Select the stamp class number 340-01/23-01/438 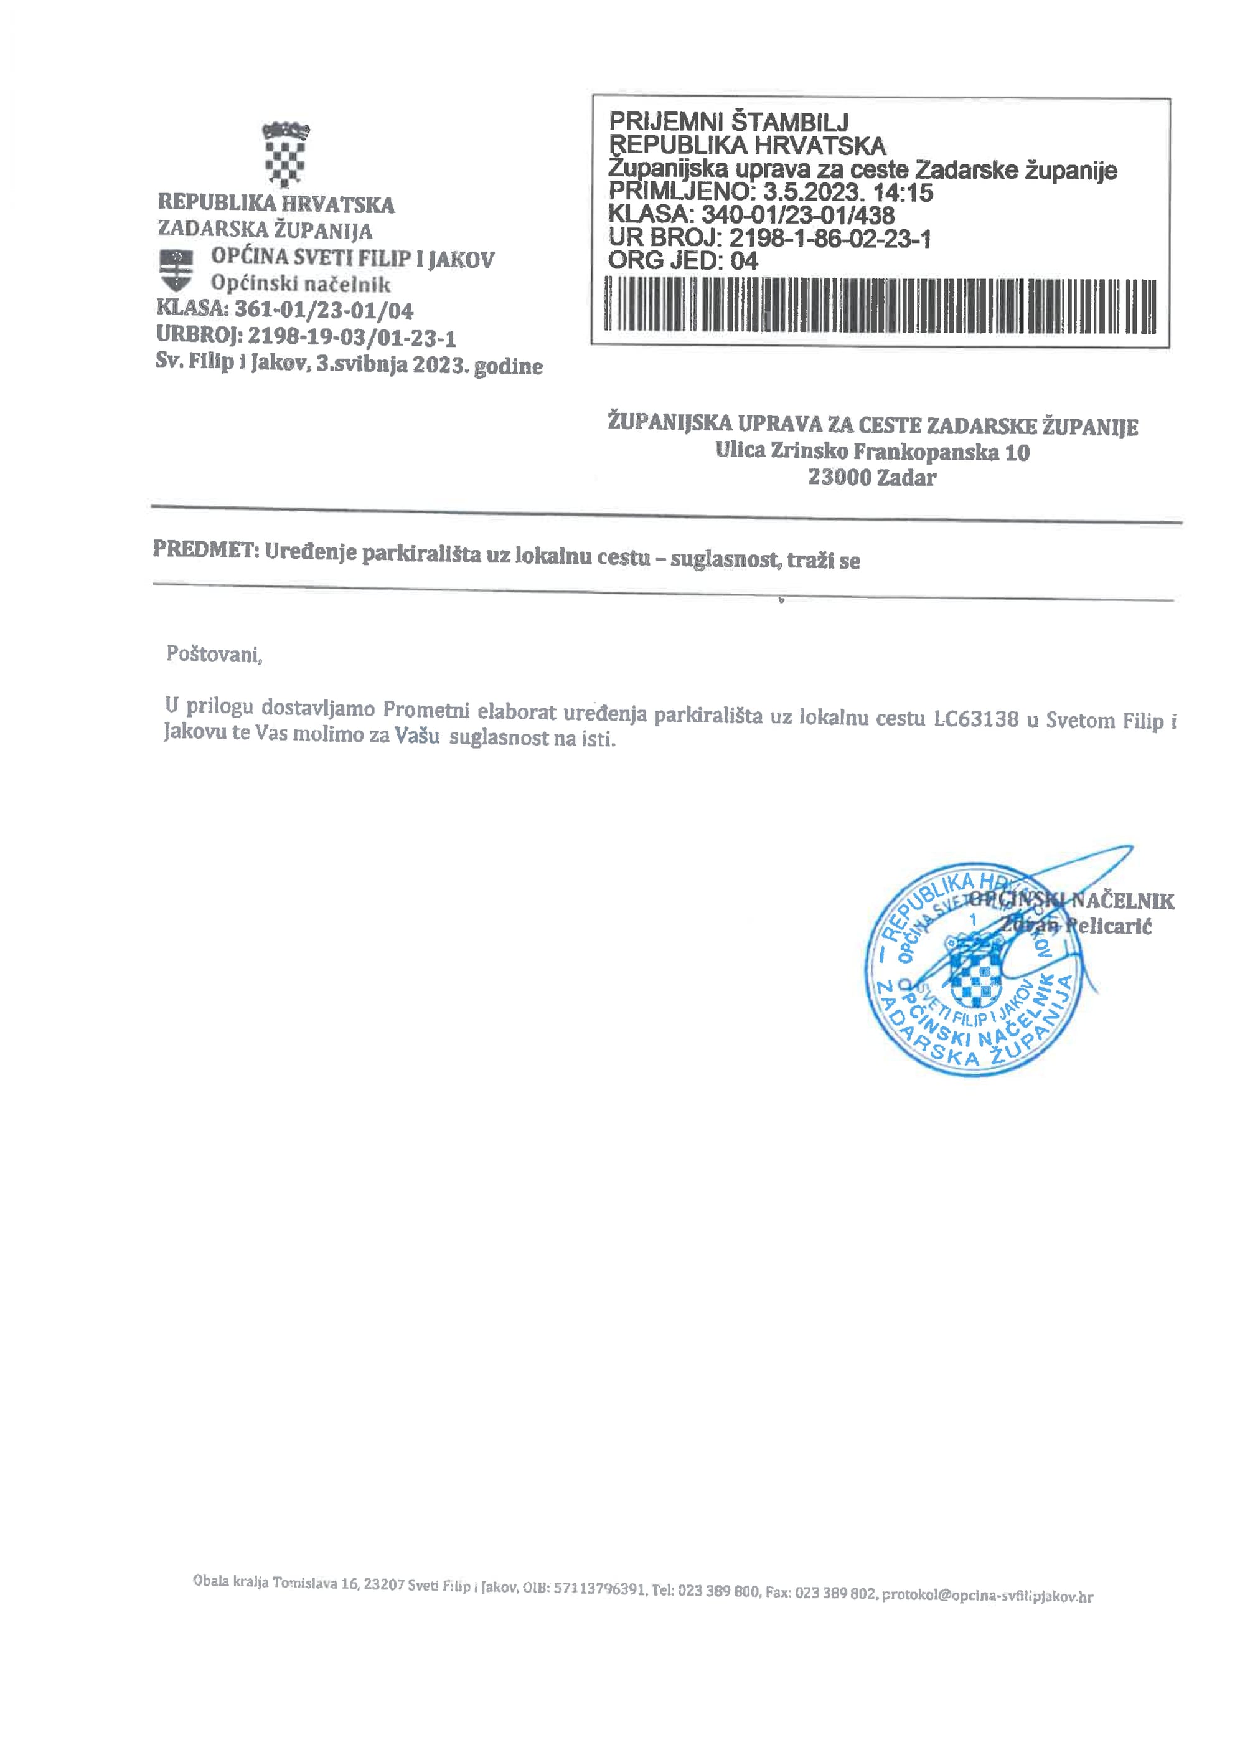click(798, 215)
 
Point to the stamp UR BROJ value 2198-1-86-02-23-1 click(829, 238)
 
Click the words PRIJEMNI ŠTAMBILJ click(728, 121)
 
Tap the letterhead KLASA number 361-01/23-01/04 click(323, 310)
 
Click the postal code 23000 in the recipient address click(839, 477)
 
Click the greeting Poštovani click(214, 654)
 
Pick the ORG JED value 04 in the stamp click(743, 261)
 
